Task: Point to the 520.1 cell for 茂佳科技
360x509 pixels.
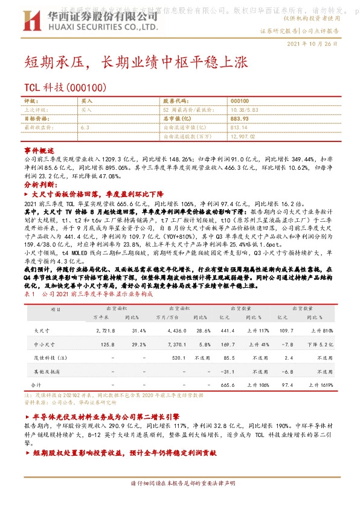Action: pyautogui.click(x=178, y=358)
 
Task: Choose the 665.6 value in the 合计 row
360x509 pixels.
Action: pyautogui.click(x=227, y=384)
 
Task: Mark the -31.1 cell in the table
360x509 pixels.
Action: pyautogui.click(x=227, y=371)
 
